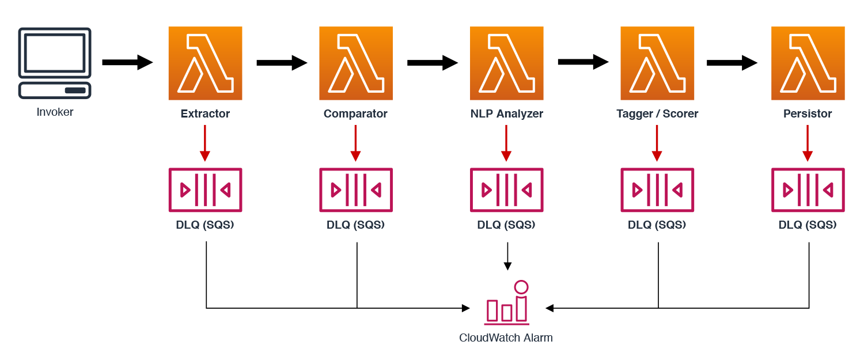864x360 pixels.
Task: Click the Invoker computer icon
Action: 55,63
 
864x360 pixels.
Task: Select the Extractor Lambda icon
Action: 205,63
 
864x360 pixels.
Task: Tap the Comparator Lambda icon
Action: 356,63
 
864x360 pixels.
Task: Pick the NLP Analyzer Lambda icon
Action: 506,63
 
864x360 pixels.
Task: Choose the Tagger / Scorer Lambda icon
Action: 657,63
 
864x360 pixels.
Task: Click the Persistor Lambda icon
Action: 808,63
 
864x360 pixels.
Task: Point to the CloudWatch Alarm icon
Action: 507,303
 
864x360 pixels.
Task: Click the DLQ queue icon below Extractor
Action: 205,190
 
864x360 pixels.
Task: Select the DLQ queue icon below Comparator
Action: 356,190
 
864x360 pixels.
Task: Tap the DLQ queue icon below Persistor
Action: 808,190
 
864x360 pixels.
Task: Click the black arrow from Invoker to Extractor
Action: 128,63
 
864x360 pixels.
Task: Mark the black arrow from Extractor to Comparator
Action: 282,63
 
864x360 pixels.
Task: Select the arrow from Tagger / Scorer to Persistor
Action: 732,63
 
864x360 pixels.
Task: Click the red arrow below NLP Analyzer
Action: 506,143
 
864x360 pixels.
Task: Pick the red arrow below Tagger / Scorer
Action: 657,143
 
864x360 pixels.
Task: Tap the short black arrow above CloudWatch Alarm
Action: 507,256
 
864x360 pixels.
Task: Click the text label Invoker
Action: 55,112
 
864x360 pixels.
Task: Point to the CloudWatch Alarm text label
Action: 506,338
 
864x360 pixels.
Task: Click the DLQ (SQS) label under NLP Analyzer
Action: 506,225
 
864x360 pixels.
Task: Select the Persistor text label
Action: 808,113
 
